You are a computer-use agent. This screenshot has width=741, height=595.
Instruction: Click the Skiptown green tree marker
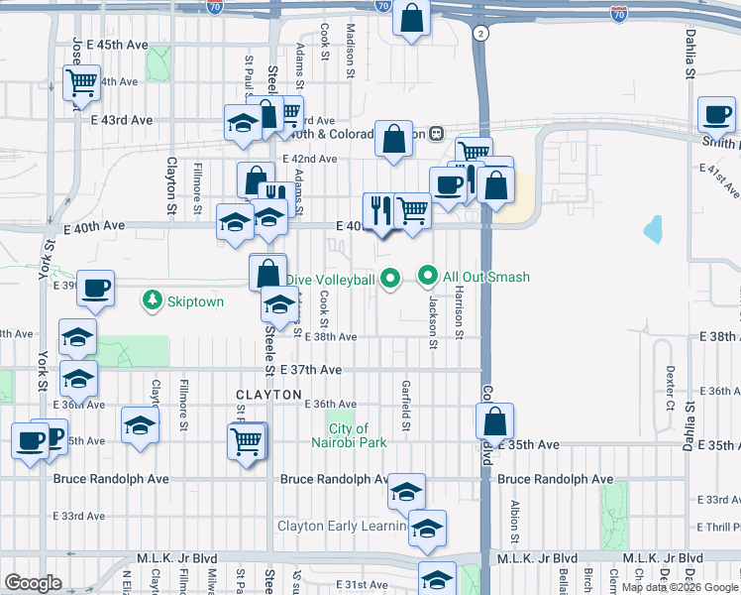(x=153, y=299)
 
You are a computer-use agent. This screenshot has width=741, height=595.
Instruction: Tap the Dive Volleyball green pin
(x=390, y=279)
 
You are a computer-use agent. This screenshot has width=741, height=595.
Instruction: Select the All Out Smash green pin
(x=429, y=276)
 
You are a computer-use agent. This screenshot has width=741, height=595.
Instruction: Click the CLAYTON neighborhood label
(x=268, y=395)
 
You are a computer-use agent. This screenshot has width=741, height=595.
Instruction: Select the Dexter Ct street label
(x=670, y=380)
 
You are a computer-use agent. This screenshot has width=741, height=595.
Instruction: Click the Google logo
(x=34, y=582)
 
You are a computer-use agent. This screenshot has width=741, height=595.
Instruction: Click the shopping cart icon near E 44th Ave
(x=80, y=82)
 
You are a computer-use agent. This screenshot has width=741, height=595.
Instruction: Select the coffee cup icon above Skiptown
(x=96, y=288)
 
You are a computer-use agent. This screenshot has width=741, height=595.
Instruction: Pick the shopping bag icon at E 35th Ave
(x=494, y=420)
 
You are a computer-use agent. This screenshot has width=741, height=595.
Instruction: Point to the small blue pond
(x=652, y=230)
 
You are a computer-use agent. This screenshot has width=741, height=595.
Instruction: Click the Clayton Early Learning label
(x=342, y=526)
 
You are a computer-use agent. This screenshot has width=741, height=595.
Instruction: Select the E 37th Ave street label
(x=311, y=370)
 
